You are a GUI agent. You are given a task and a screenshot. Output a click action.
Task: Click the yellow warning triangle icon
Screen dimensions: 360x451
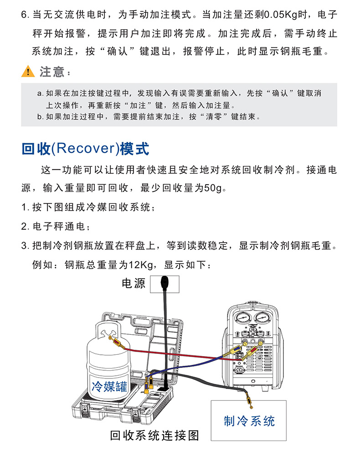[x=28, y=71]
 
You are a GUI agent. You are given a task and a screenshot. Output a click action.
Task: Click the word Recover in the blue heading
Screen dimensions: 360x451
[x=85, y=148]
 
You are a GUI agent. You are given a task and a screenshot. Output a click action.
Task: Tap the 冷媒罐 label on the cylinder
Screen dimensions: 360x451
[x=109, y=386]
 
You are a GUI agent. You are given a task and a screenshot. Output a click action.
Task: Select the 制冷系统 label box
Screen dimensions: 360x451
[x=249, y=420]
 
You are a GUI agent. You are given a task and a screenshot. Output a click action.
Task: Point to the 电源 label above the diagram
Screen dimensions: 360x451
[x=134, y=283]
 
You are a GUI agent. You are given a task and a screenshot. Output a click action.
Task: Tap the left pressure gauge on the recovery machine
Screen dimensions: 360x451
[x=243, y=318]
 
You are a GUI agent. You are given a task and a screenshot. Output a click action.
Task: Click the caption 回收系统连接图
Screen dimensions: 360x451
[x=154, y=435]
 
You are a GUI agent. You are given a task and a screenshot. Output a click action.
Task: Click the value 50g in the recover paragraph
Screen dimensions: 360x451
[x=213, y=188]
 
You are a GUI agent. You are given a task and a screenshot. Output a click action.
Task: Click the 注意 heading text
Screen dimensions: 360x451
[x=52, y=72]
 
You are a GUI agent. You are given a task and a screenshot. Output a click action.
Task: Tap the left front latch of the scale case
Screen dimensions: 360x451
[x=85, y=409]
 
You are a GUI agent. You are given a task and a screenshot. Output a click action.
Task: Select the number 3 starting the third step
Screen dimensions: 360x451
[x=24, y=246]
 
